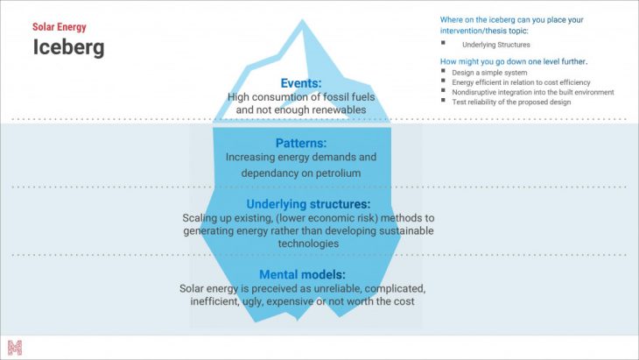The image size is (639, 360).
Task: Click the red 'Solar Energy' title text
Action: coord(58,27)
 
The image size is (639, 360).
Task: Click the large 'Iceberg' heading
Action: coord(68,47)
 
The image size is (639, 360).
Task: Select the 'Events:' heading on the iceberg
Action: coord(301,83)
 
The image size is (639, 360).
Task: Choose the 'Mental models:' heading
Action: coord(302,274)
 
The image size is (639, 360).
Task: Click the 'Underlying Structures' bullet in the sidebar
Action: coord(496,44)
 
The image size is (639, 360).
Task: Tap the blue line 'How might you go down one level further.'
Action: coord(514,61)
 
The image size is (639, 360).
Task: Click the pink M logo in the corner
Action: coord(15,347)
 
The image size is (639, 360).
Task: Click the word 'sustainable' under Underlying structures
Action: coord(404,231)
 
